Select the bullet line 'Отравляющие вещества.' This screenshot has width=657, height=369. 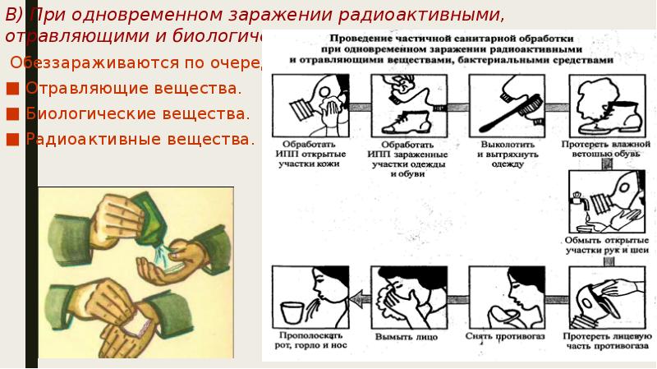[133, 87]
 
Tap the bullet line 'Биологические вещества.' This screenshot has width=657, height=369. [138, 113]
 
